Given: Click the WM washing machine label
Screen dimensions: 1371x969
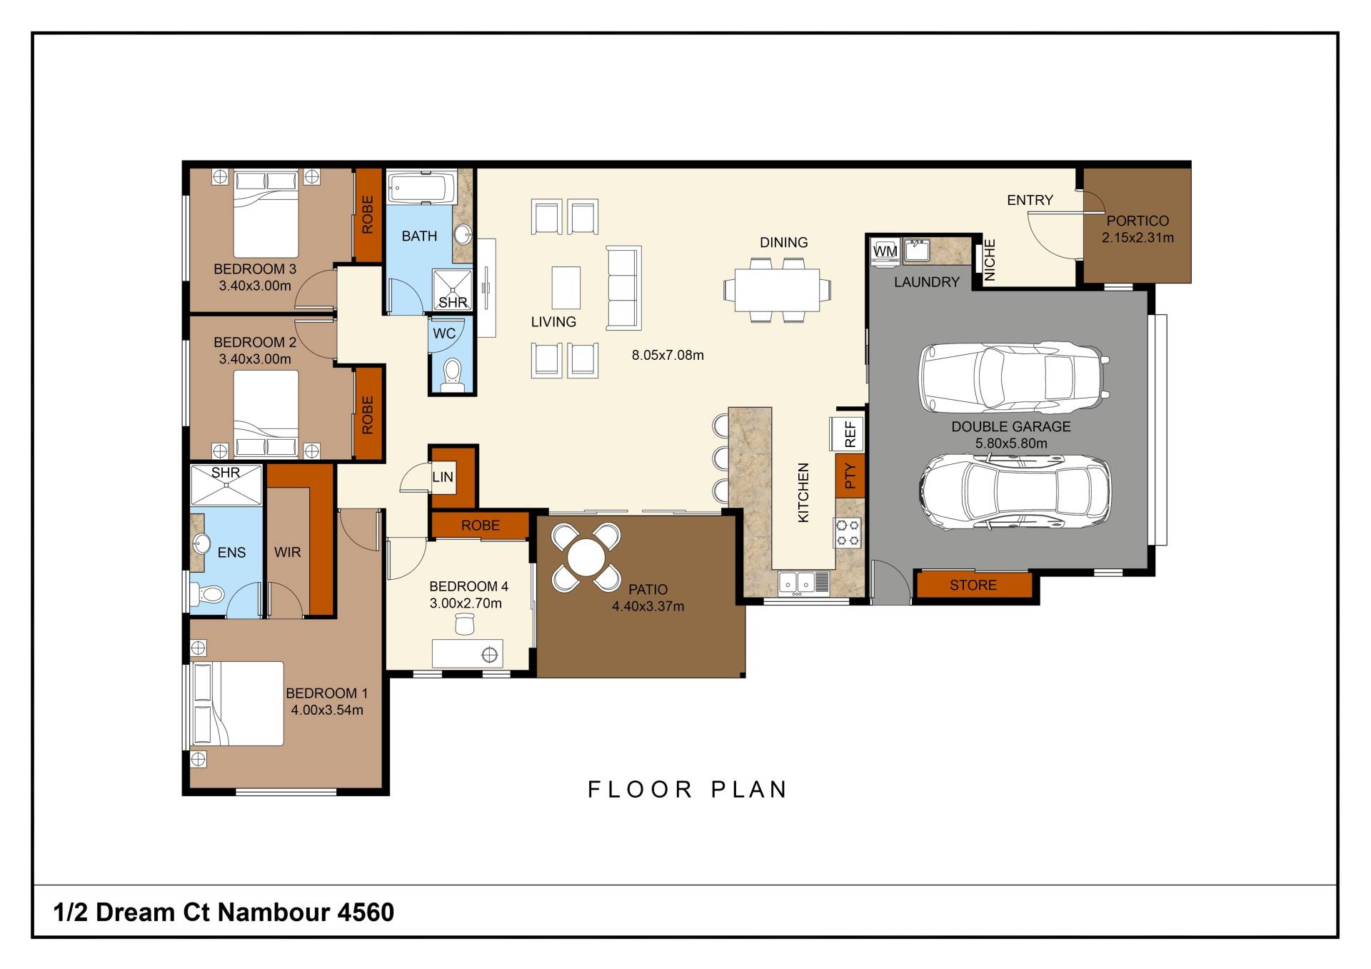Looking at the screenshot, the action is [x=885, y=251].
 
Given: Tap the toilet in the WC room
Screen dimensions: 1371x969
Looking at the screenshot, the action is [x=452, y=376].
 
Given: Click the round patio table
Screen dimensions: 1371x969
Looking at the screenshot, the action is [x=586, y=557].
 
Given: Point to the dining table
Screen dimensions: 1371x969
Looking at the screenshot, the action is [x=777, y=289].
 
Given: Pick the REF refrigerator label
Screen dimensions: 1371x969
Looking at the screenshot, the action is [x=850, y=433].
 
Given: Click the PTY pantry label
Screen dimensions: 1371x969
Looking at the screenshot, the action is [x=850, y=476].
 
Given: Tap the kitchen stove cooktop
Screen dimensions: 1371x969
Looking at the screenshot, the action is [x=848, y=533].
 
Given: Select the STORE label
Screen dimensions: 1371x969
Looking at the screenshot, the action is [x=973, y=586].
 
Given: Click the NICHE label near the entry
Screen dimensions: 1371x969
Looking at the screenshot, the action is [x=990, y=260].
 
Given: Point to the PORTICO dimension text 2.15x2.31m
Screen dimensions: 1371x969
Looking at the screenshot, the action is [x=1138, y=238].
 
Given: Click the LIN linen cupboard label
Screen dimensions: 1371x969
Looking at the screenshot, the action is [x=443, y=477].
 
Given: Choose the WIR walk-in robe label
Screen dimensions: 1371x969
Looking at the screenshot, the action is [x=288, y=552].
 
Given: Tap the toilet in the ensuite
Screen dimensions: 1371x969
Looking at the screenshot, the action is [x=209, y=593].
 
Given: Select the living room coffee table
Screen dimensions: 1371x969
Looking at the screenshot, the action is [x=566, y=288].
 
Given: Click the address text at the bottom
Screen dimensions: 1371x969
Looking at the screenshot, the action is [x=224, y=912].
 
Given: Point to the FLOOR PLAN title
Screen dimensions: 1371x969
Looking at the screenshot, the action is [x=688, y=789].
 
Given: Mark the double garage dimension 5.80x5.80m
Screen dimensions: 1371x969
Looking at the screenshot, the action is [x=1011, y=443].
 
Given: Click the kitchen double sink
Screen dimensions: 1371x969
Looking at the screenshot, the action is [x=797, y=583].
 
